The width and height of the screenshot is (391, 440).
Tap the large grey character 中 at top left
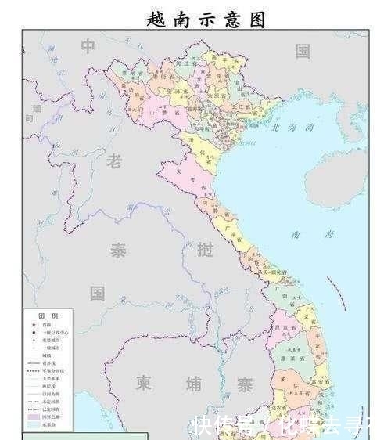[88, 47]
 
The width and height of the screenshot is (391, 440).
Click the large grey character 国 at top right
[302, 52]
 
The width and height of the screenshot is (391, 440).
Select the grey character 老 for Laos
[114, 160]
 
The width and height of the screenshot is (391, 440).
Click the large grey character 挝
[206, 251]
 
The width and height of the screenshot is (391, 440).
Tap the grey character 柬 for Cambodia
[144, 383]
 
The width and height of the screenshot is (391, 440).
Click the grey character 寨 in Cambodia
[244, 384]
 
